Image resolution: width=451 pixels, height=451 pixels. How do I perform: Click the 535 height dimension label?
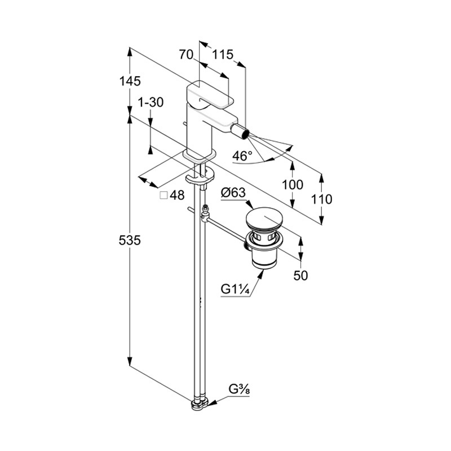(x=130, y=241)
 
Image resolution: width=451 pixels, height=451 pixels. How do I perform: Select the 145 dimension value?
(x=130, y=81)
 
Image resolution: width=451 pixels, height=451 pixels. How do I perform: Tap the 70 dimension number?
(x=186, y=55)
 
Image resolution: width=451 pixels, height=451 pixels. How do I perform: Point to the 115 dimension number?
(x=223, y=55)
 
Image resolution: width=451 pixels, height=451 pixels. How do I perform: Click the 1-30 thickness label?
(x=151, y=102)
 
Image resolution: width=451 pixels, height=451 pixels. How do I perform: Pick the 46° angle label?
(x=243, y=156)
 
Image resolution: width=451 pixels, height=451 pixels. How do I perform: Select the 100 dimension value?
(x=292, y=184)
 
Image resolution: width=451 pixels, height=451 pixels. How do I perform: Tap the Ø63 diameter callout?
(x=233, y=193)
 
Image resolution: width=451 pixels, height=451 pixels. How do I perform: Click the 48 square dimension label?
(x=177, y=195)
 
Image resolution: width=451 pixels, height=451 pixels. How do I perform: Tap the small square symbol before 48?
(x=163, y=195)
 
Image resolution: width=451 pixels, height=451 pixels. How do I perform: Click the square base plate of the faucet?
(x=200, y=155)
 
